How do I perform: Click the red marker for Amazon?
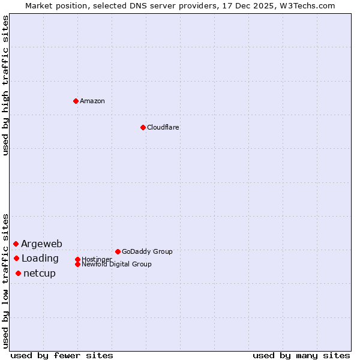76,101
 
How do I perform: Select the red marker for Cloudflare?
143,127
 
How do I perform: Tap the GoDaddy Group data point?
118,251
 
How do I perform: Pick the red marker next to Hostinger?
77,259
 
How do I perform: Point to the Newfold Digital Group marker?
77,264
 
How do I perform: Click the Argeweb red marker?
16,244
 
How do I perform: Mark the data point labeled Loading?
16,258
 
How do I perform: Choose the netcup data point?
18,273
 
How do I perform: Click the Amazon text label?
92,101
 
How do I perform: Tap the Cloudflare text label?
163,127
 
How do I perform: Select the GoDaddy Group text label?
147,251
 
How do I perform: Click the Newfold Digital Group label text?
117,265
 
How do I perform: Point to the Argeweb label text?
41,244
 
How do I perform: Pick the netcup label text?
40,274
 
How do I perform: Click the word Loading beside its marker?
40,259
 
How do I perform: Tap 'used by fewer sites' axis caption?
62,355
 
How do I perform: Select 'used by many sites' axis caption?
301,355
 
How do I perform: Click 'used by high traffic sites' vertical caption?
5,85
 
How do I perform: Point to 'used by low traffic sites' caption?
5,281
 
